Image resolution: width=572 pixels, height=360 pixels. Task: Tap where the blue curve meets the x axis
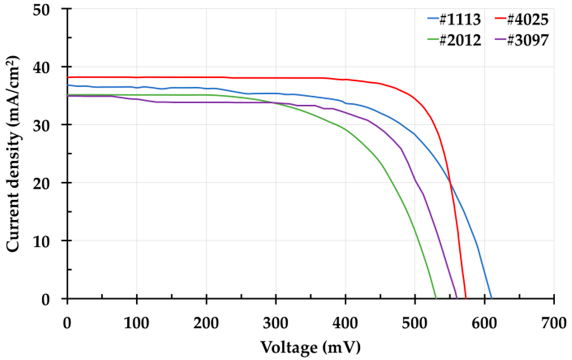pos(491,299)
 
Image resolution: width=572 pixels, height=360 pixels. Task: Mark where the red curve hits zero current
pos(466,299)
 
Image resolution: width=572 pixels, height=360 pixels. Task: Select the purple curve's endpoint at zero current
pos(457,299)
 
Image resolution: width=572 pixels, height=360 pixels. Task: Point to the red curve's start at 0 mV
pos(67,77)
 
